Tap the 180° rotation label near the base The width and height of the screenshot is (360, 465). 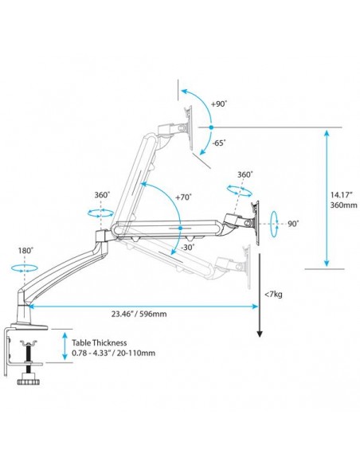tap(25, 251)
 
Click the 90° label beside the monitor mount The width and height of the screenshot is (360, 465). tap(293, 224)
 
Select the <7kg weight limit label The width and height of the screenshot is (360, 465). tap(272, 295)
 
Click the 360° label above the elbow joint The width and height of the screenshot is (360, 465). tap(101, 195)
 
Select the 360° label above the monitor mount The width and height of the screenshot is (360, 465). tap(245, 174)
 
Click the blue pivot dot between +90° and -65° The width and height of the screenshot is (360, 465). tap(209, 127)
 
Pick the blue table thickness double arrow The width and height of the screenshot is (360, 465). tap(64, 348)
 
